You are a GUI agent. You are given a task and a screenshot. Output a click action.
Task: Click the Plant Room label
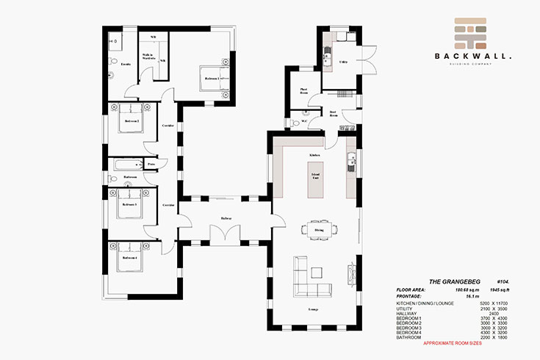(303, 92)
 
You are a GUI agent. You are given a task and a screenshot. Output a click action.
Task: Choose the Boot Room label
(333, 114)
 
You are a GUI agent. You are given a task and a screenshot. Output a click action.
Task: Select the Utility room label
(342, 63)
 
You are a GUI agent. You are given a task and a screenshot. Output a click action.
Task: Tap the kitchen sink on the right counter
(353, 161)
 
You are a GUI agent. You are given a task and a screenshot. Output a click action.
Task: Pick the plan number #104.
(503, 281)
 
